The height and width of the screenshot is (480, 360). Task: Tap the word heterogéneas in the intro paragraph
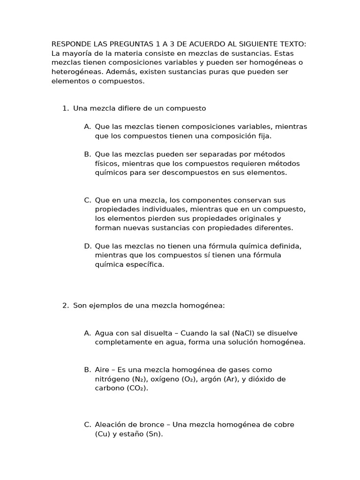[x=77, y=72]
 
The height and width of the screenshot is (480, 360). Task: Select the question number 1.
[x=65, y=108]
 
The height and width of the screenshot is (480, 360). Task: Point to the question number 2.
[x=65, y=306]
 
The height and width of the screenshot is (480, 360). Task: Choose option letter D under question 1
[x=87, y=246]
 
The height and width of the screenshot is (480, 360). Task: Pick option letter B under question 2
[x=87, y=370]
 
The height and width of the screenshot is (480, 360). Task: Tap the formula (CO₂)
[x=137, y=388]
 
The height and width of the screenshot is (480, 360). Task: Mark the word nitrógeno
[x=112, y=379]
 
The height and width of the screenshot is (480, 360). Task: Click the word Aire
[x=102, y=370]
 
